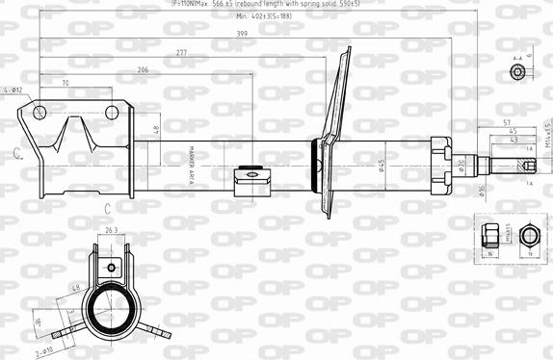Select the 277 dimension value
pos(182,52)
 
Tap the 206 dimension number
pos(143,70)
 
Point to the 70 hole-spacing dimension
pos(65,84)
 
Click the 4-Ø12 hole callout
pos(13,90)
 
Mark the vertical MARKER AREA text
pos(192,154)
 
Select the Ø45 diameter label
pos(382,166)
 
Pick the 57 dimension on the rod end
pos(506,123)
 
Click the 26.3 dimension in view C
pos(111,231)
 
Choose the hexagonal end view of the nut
pos(527,236)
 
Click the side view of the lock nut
pos(489,236)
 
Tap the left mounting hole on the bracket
pos(39,113)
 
